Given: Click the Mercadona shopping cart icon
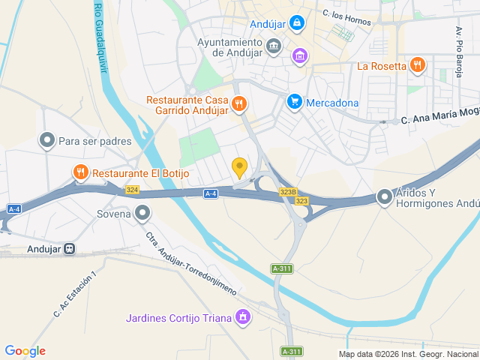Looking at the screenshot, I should click(x=295, y=102).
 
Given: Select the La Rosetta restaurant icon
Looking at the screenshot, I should click(x=418, y=66).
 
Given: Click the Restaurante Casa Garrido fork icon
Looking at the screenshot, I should click(x=239, y=103).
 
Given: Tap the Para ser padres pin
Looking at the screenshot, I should click(x=47, y=141).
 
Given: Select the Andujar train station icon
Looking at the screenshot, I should click(x=70, y=248).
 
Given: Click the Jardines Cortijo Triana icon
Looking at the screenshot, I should click(x=242, y=318).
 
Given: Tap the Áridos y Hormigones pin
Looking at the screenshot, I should click(x=385, y=196).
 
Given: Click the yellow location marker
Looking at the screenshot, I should click(x=240, y=167).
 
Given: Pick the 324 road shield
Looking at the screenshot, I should click(x=133, y=190).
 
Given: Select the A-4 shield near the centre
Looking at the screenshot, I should click(x=211, y=193).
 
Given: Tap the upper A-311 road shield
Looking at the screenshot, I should click(x=282, y=268).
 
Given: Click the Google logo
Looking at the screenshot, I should click(x=25, y=351).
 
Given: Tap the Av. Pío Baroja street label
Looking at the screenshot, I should click(x=458, y=46).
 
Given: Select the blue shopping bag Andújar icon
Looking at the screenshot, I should click(x=297, y=22).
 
